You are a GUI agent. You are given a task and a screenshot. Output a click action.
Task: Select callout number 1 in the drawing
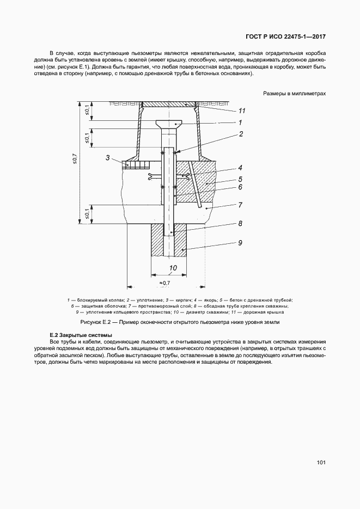point(240,122)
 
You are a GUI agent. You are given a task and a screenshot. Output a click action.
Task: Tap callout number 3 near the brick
point(108,158)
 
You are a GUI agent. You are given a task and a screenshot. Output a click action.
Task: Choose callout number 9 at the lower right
point(240,243)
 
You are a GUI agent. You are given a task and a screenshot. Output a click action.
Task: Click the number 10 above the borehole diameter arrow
point(173,268)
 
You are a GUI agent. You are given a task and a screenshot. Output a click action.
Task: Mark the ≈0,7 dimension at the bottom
point(165,283)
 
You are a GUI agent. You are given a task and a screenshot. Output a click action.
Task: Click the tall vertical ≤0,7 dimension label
point(75,159)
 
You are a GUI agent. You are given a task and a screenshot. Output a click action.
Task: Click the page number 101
point(321,463)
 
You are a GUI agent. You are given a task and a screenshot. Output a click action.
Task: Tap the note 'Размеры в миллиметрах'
point(294,94)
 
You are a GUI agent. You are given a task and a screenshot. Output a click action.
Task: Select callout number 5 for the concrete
point(240,178)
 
